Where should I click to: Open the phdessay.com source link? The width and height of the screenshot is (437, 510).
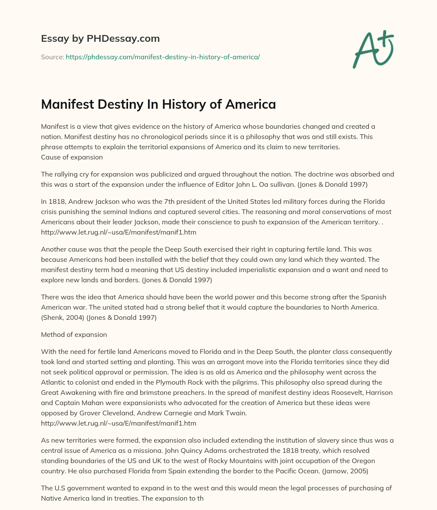click(163, 57)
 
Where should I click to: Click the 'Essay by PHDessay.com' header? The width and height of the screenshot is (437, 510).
click(100, 39)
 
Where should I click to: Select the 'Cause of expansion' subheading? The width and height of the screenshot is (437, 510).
click(72, 157)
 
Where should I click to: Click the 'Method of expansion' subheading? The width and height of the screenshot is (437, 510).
click(74, 334)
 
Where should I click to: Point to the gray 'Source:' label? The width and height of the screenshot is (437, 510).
click(52, 57)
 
